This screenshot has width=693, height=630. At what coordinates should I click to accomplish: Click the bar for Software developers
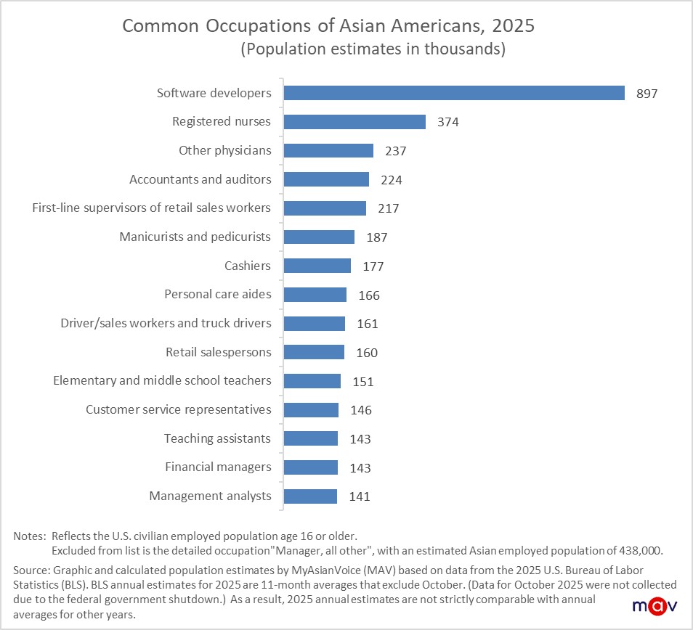[x=454, y=93]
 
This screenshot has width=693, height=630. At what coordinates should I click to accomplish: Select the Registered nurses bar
[x=354, y=122]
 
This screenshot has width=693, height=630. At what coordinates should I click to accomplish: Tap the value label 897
[x=647, y=94]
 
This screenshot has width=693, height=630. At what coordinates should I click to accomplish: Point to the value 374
[x=448, y=123]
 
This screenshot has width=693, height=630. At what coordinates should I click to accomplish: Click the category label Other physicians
[x=224, y=150]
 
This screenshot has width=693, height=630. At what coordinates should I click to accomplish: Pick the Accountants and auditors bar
[x=326, y=179]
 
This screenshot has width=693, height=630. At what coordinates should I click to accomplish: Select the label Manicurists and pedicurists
[x=195, y=237]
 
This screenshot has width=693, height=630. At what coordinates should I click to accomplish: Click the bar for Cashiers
[x=317, y=266]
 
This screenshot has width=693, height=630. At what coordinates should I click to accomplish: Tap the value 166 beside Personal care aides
[x=369, y=295]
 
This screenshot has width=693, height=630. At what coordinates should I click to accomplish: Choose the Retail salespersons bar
[x=314, y=352]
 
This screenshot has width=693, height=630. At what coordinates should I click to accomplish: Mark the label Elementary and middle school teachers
[x=162, y=380]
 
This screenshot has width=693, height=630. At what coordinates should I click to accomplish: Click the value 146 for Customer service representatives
[x=361, y=410]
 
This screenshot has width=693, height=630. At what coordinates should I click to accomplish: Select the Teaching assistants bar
[x=311, y=438]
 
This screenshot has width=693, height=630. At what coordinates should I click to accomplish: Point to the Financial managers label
[x=218, y=467]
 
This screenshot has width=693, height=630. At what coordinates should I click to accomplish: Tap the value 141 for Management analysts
[x=360, y=496]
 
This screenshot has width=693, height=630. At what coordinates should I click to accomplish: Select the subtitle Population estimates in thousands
[x=373, y=50]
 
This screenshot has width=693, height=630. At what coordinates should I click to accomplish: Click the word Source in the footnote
[x=30, y=570]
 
